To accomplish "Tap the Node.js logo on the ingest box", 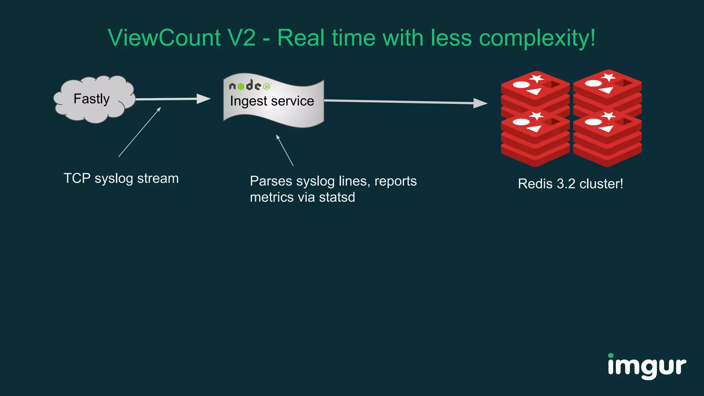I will coord(250,85).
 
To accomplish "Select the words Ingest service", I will coord(272,101).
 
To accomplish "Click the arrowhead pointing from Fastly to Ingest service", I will coord(203,99).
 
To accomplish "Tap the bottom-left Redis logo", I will coord(535,137).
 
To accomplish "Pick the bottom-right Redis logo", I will coord(607,137).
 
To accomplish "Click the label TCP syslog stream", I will coord(121,178).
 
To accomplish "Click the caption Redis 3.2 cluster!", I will coord(570,184).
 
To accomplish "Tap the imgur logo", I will coord(647,366).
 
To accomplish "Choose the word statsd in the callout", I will coord(337,198).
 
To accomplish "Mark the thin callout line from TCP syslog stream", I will coord(140,132).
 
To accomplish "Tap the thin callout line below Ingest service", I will coord(285,151).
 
